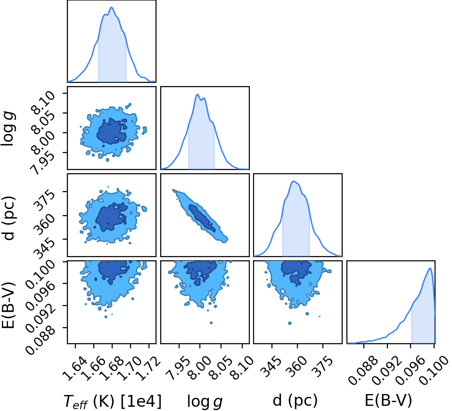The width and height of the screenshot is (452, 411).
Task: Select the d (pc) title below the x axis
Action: click(x=295, y=400)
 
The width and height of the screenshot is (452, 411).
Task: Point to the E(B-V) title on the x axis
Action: click(x=388, y=400)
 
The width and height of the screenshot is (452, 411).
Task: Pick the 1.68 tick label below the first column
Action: click(x=111, y=369)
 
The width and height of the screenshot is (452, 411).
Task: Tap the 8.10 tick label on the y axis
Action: click(x=43, y=103)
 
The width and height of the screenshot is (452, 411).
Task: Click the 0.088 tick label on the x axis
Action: click(x=362, y=371)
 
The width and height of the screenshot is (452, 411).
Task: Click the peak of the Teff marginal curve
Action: click(x=112, y=8)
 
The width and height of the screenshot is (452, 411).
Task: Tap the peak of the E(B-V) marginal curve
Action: click(x=430, y=268)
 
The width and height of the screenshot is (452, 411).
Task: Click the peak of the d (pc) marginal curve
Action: click(x=294, y=181)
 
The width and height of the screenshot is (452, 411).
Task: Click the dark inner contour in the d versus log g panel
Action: click(x=202, y=218)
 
